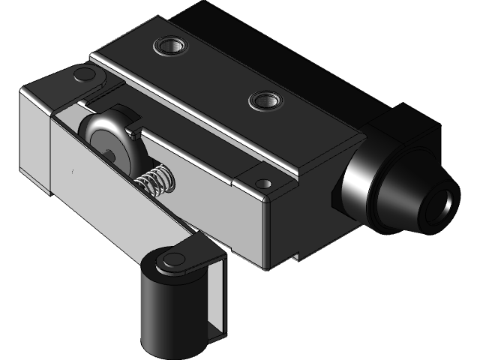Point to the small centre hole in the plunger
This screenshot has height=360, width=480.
tap(110, 156)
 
